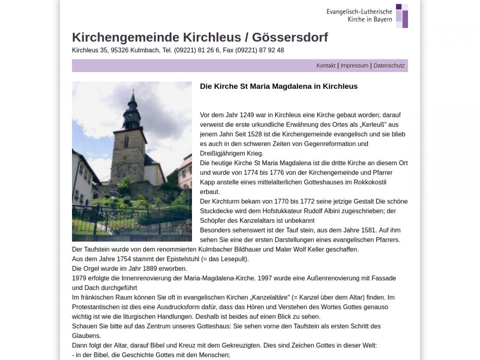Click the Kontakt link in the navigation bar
[326, 66]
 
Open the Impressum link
[354, 66]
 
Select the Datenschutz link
[389, 66]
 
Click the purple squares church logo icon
[402, 16]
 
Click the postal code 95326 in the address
[120, 50]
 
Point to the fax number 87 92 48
[271, 50]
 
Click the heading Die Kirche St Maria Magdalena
[278, 86]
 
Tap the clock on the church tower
[129, 115]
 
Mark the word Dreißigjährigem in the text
[224, 154]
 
